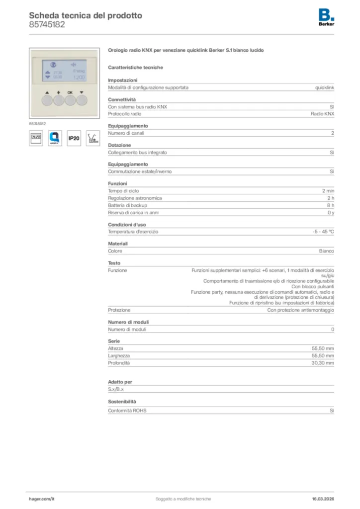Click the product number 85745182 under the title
pyautogui.click(x=47, y=24)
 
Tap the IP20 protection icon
pyautogui.click(x=74, y=138)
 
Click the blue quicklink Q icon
pyautogui.click(x=55, y=138)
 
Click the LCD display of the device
pyautogui.click(x=65, y=71)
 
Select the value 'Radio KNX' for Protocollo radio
pyautogui.click(x=322, y=114)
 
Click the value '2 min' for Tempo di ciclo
pyautogui.click(x=328, y=191)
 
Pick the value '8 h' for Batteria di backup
pyautogui.click(x=330, y=205)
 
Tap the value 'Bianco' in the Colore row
pyautogui.click(x=326, y=251)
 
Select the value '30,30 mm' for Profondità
pyautogui.click(x=323, y=363)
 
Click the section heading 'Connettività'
pyautogui.click(x=122, y=99)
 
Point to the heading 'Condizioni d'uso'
pyautogui.click(x=127, y=225)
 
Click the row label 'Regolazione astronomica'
pyautogui.click(x=135, y=198)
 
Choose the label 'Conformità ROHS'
pyautogui.click(x=127, y=411)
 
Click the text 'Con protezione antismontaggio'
pyautogui.click(x=300, y=310)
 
